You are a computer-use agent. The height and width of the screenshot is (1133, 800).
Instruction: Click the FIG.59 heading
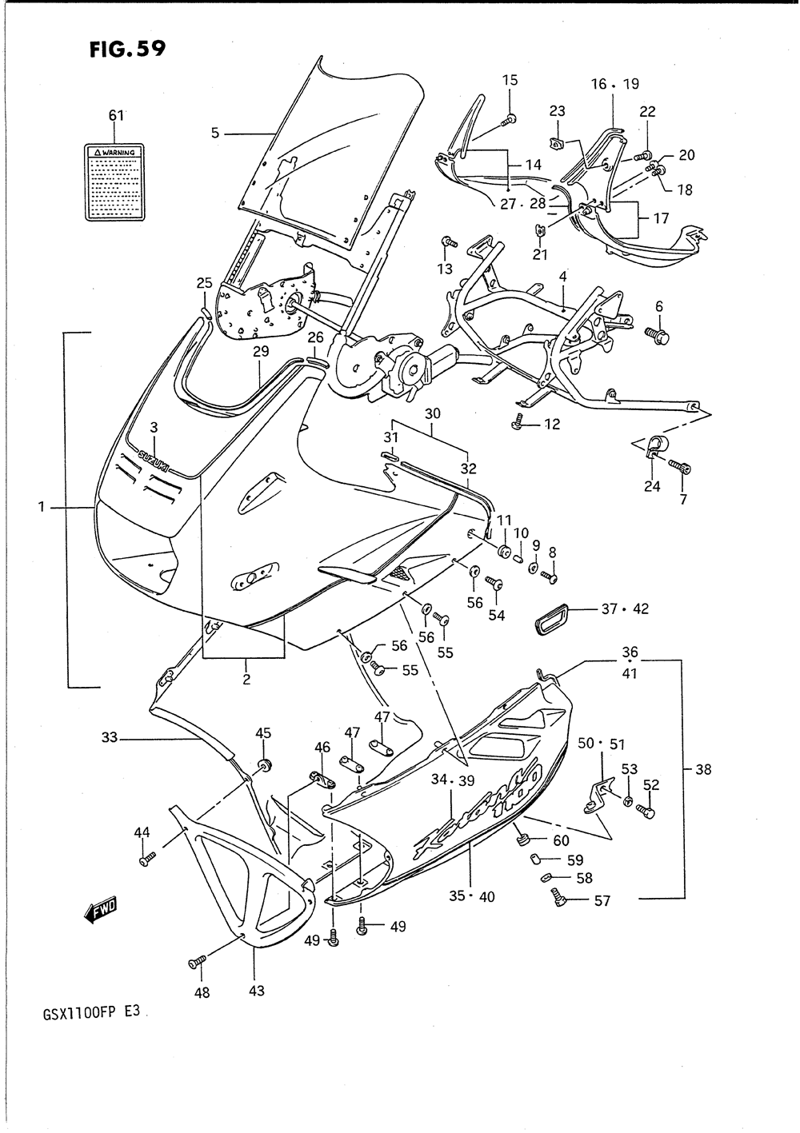(128, 50)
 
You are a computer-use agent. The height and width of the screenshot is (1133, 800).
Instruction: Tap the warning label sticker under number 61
(115, 182)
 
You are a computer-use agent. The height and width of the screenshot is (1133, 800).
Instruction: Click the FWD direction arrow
(100, 909)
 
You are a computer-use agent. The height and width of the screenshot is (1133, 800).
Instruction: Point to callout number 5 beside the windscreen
(215, 133)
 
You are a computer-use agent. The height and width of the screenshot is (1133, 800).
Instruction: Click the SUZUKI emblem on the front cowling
(154, 458)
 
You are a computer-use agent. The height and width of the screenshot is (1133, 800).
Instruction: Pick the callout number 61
(116, 115)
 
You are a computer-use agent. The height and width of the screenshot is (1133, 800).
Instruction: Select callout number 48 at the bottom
(202, 992)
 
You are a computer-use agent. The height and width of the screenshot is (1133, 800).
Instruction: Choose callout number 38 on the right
(703, 770)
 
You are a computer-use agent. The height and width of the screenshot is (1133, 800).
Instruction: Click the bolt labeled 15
(508, 121)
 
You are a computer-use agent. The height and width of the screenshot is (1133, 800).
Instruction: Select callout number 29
(261, 352)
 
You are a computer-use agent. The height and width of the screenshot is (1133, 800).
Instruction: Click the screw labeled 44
(146, 860)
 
